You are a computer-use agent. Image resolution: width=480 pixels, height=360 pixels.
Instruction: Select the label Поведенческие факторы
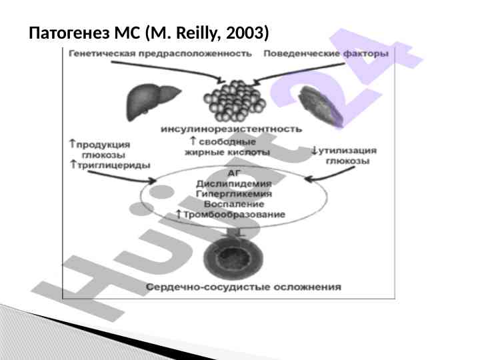(325, 53)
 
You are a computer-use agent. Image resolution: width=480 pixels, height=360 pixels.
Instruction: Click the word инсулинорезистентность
(231, 128)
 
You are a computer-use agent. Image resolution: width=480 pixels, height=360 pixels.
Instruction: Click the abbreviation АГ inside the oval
(235, 172)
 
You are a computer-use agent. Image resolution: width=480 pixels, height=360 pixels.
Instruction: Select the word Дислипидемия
(234, 183)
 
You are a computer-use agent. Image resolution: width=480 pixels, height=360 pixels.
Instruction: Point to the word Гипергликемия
(234, 193)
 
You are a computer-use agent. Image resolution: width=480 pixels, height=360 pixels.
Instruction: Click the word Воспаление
(234, 203)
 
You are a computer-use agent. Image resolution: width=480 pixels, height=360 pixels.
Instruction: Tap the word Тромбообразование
(234, 214)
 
